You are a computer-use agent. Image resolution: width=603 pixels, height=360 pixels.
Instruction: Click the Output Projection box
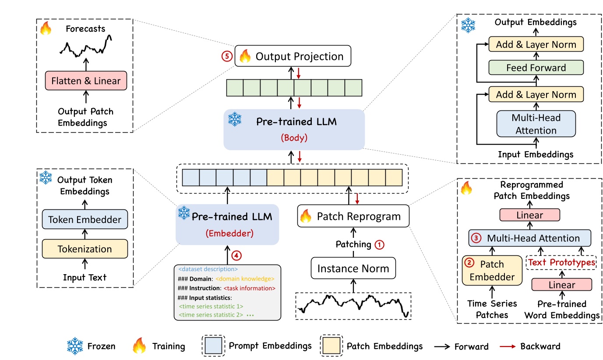point(293,56)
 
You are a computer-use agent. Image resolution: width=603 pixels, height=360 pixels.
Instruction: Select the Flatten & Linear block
point(86,81)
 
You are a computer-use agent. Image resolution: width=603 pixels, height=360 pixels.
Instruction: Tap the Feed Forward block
point(536,68)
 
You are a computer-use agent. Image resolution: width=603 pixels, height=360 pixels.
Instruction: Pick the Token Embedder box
point(85,220)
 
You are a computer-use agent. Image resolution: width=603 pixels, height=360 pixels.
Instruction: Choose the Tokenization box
point(85,249)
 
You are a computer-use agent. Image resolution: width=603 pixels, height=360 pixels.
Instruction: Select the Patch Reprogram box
point(353,216)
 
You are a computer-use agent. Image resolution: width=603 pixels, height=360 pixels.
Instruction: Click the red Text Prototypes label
point(562,262)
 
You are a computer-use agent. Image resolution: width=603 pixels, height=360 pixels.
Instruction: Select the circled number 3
point(477,238)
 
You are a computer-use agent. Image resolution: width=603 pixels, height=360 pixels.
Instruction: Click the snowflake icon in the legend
point(75,346)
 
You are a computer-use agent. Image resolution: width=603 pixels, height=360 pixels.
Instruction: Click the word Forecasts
point(86,29)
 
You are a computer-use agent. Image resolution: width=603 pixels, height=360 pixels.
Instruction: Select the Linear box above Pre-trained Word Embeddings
point(562,285)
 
